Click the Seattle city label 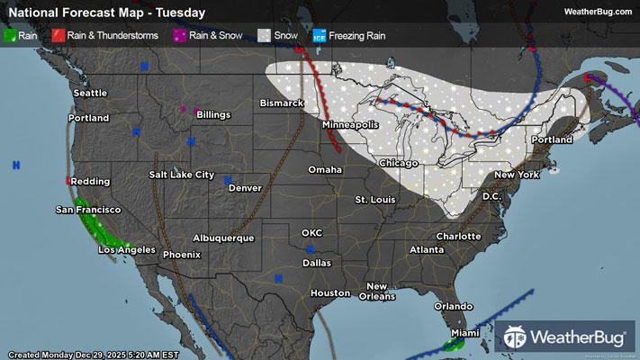click(x=90, y=93)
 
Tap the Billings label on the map click(x=213, y=114)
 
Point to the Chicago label click(x=399, y=163)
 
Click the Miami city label click(x=465, y=333)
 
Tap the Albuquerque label click(x=223, y=238)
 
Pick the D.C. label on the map click(x=491, y=195)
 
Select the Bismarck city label click(x=282, y=103)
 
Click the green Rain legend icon click(x=10, y=36)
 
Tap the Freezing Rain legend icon click(x=319, y=36)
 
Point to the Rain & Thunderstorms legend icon click(x=59, y=36)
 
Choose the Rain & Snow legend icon click(x=179, y=36)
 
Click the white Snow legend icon click(x=264, y=36)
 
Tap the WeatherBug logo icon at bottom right click(x=516, y=337)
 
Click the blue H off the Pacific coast click(x=16, y=165)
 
